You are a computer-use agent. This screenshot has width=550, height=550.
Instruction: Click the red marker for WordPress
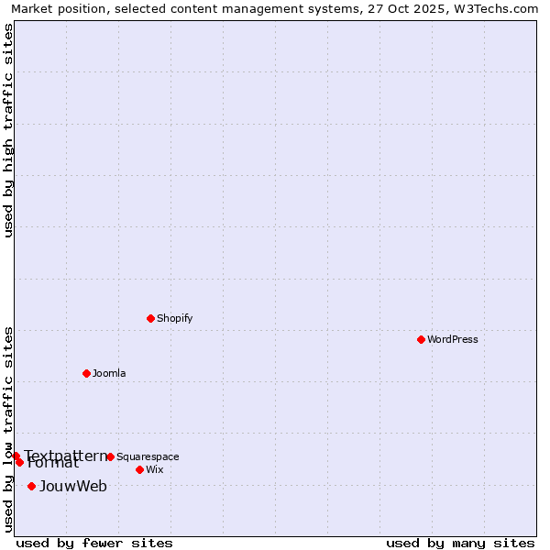(x=421, y=339)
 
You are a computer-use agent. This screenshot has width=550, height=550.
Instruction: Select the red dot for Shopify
(x=150, y=318)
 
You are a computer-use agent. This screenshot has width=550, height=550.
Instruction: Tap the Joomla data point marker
(x=86, y=373)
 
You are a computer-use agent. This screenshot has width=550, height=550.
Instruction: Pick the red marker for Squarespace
(x=110, y=456)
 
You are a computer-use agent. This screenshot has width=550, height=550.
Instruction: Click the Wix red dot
(x=139, y=469)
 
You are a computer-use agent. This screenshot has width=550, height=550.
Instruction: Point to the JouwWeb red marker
(x=31, y=486)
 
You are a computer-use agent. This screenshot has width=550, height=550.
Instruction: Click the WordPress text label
(x=452, y=339)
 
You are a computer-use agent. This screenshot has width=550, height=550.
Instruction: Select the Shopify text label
(x=174, y=318)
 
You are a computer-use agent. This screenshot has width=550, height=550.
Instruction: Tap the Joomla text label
(x=109, y=373)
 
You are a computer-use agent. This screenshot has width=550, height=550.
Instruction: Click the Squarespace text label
(x=148, y=456)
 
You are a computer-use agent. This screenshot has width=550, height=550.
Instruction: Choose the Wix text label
(x=154, y=469)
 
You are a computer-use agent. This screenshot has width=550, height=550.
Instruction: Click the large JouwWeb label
(x=72, y=486)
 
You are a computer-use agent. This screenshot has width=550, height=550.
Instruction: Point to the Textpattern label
(x=65, y=456)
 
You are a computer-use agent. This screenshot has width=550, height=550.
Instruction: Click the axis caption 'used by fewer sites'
(x=94, y=543)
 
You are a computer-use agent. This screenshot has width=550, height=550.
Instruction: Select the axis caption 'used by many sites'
(x=460, y=543)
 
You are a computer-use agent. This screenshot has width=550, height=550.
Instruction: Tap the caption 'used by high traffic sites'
(x=8, y=130)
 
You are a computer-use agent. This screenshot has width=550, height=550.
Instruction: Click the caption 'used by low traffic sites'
(x=8, y=428)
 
